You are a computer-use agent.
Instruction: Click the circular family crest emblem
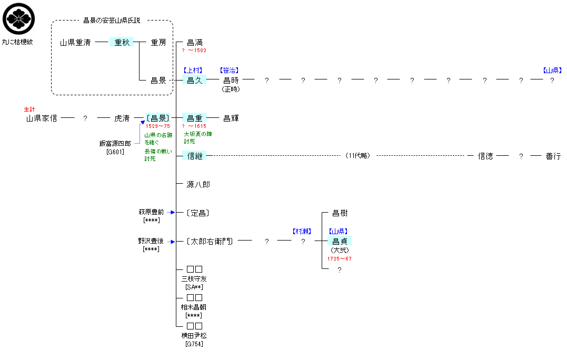pos(19,18)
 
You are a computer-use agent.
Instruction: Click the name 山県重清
pos(75,43)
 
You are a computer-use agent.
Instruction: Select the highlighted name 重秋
pos(122,43)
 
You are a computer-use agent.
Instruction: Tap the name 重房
pos(158,43)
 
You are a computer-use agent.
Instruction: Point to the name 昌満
pos(195,43)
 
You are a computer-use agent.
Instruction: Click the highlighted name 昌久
pos(195,81)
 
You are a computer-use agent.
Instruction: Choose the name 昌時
pos(231,81)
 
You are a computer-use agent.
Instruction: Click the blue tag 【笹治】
pos(230,70)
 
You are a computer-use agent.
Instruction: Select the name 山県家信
pos(42,118)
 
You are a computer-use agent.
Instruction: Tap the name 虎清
pos(122,118)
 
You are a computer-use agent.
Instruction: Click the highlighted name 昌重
pos(195,118)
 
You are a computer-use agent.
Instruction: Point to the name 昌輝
pos(231,118)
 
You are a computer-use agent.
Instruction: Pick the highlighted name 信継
pos(195,156)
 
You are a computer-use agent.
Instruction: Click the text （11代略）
pos(358,156)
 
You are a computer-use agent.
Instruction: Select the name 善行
pos(553,156)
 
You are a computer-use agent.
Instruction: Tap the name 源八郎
pos(198,185)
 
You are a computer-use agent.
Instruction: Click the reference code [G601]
pos(115,152)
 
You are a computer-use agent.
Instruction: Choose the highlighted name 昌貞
pos(340,242)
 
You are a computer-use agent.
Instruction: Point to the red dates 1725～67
pos(340,259)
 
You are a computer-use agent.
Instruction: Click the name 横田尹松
pos(194,335)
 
